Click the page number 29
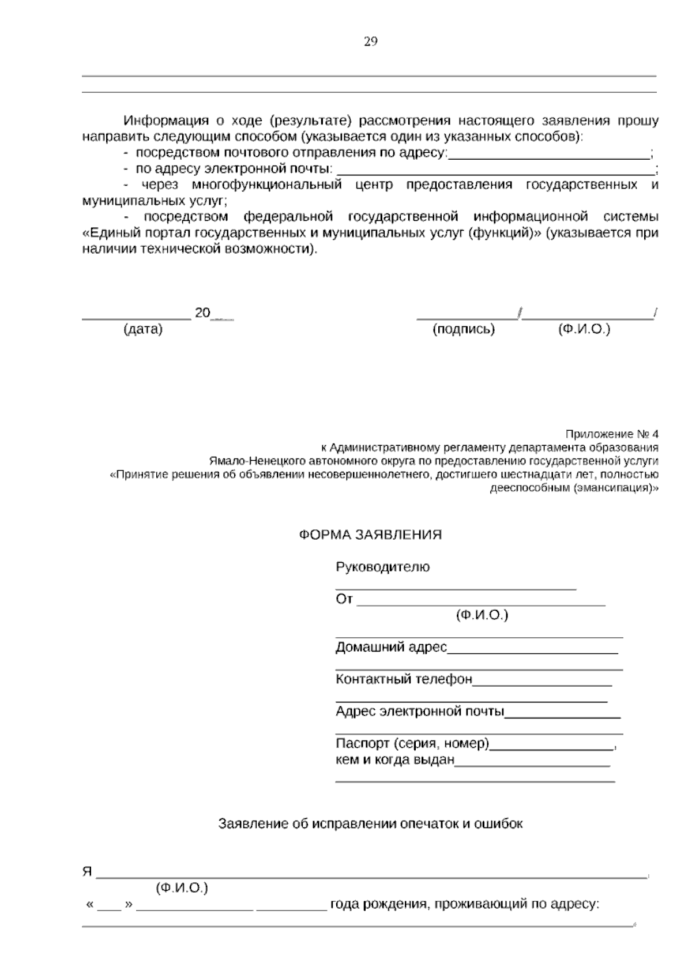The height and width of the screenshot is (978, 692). (x=370, y=42)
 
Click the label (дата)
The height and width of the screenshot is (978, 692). (x=143, y=329)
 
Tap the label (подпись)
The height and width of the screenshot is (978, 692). (x=464, y=329)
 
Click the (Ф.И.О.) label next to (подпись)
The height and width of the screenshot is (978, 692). (x=584, y=329)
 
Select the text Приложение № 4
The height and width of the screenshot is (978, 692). (x=612, y=434)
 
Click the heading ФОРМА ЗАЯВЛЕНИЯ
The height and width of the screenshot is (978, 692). (x=370, y=535)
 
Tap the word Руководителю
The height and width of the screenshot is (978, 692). (x=382, y=567)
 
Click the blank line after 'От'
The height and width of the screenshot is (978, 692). (x=481, y=601)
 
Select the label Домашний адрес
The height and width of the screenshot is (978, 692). (x=391, y=647)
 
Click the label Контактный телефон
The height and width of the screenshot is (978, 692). (x=404, y=679)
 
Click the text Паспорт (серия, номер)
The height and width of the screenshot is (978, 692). (x=412, y=744)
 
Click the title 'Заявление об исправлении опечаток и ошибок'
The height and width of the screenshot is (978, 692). (x=370, y=823)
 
